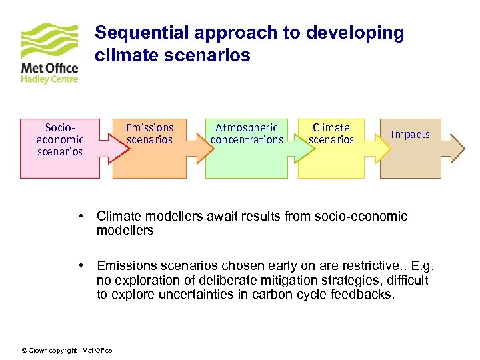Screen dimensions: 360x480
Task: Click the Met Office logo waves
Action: pyautogui.click(x=49, y=41)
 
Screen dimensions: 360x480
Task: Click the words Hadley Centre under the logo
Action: pyautogui.click(x=49, y=79)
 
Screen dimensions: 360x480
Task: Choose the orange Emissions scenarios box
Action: pyautogui.click(x=149, y=160)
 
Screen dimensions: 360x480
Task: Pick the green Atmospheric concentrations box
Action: pyautogui.click(x=247, y=160)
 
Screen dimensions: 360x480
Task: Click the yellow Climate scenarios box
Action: pyautogui.click(x=331, y=160)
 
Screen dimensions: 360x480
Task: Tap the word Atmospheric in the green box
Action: pyautogui.click(x=246, y=127)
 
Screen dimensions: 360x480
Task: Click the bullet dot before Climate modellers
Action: pyautogui.click(x=79, y=216)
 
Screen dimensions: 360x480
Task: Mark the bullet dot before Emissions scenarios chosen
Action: pyautogui.click(x=79, y=265)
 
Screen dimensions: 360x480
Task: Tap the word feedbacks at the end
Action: pyautogui.click(x=363, y=295)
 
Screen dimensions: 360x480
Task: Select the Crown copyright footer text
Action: pyautogui.click(x=67, y=351)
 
